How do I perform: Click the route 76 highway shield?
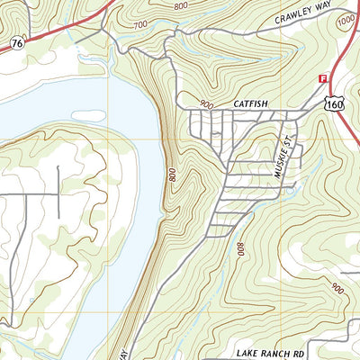click(18, 42)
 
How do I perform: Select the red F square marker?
click(323, 79)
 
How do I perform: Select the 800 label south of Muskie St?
click(240, 249)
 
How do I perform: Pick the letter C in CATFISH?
click(235, 104)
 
